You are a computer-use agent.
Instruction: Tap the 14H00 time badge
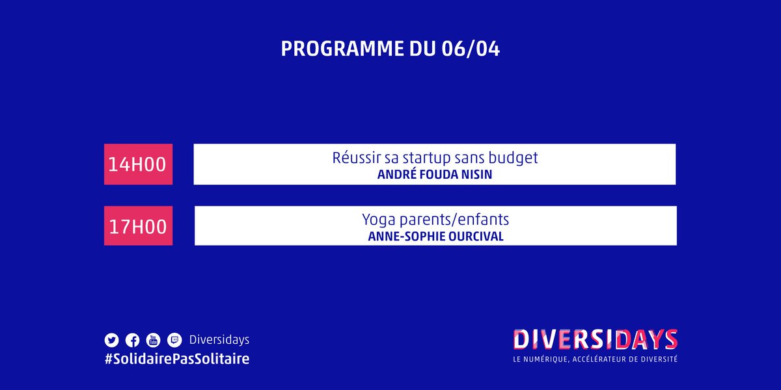pos(138,164)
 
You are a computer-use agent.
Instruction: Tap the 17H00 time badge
pos(138,226)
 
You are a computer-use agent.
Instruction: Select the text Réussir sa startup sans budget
pos(435,159)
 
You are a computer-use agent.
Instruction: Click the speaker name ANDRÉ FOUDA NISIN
pos(435,175)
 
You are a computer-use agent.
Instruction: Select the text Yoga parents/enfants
pos(435,220)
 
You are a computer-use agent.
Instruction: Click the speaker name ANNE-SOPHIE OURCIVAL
pos(435,237)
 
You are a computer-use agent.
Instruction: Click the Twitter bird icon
pos(111,340)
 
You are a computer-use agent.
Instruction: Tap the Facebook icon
pos(132,340)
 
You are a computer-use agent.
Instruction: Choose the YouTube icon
pos(153,340)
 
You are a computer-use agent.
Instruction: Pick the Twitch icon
pos(174,340)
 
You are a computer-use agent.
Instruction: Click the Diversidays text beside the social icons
pos(219,340)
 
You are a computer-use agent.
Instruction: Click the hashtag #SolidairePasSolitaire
pos(176,359)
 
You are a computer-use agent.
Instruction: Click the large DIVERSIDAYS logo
pos(595,339)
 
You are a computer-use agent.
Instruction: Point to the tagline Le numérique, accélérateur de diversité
pos(595,359)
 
